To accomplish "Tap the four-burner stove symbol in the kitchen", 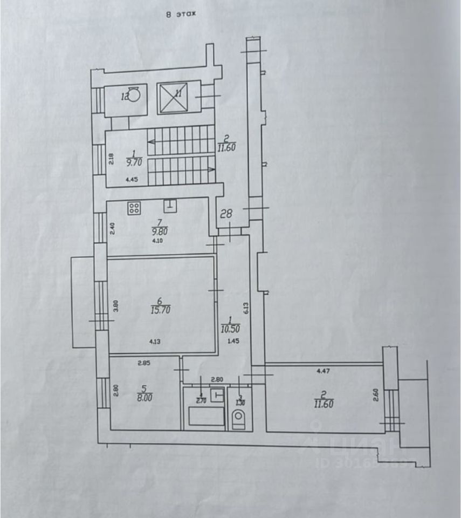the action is [x=135, y=208].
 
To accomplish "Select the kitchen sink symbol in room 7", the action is [x=170, y=205].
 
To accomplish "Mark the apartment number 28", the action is [x=226, y=214].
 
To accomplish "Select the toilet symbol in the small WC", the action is [x=238, y=418].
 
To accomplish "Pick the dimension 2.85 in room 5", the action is [x=143, y=363].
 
